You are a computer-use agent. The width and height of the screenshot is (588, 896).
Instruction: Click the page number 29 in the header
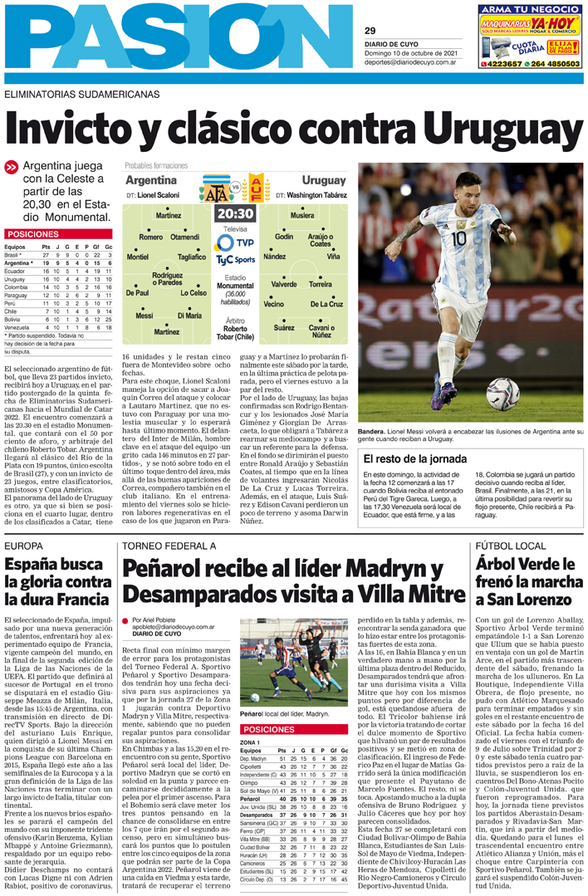coord(370,31)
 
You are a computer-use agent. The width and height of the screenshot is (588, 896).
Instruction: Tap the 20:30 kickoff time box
coord(235,213)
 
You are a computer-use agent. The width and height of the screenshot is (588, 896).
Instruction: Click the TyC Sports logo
coord(235,259)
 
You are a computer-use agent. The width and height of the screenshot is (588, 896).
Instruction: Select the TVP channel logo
coord(235,242)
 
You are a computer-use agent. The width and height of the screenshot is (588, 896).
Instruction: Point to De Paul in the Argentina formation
coord(137,293)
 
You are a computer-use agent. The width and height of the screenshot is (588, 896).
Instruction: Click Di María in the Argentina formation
coord(189,316)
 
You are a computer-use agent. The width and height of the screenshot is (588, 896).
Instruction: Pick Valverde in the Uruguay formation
coord(284,284)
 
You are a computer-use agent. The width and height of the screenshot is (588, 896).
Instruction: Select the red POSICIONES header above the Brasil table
coord(33,235)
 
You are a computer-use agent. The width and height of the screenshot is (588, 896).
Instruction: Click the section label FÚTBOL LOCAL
coord(508,546)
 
